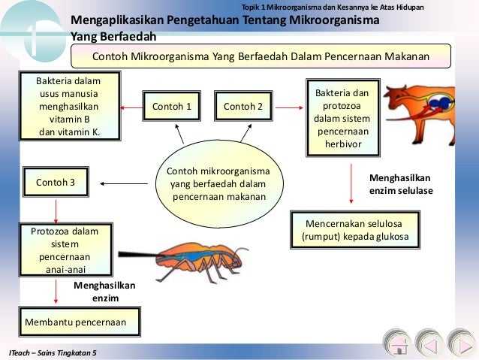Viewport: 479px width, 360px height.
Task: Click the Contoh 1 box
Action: click(172, 107)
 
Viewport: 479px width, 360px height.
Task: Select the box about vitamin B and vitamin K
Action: click(69, 107)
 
